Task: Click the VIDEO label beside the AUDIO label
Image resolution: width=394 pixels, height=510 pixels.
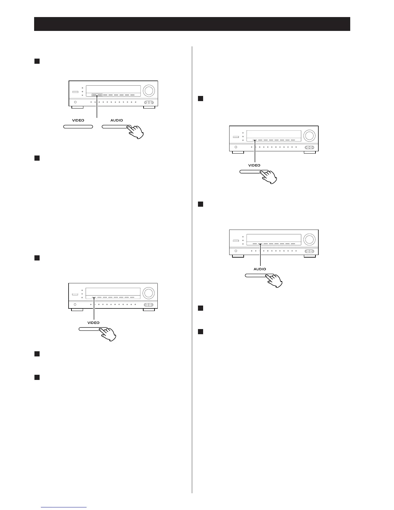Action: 78,120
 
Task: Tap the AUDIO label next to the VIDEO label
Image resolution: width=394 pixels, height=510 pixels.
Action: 117,120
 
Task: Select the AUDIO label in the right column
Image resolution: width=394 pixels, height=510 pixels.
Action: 260,269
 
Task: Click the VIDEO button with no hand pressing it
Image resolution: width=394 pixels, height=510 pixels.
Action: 78,127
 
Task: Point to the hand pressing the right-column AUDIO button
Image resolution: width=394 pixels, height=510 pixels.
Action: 274,280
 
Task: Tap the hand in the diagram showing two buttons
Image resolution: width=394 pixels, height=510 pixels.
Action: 136,132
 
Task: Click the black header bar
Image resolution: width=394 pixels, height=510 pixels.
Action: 192,24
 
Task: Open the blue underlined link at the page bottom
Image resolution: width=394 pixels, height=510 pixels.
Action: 64,507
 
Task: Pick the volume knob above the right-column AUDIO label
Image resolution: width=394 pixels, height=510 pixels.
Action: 309,240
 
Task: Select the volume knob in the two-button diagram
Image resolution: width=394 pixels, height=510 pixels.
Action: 149,90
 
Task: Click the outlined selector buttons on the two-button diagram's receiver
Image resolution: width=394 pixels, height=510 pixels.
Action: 97,95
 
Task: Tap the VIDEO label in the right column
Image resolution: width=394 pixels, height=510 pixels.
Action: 254,165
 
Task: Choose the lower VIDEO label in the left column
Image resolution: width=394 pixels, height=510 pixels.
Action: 93,323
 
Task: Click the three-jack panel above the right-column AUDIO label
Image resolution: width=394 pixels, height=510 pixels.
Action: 309,251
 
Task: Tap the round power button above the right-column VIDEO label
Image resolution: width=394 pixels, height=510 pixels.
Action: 236,147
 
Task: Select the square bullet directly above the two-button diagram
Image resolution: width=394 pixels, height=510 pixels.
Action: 37,61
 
